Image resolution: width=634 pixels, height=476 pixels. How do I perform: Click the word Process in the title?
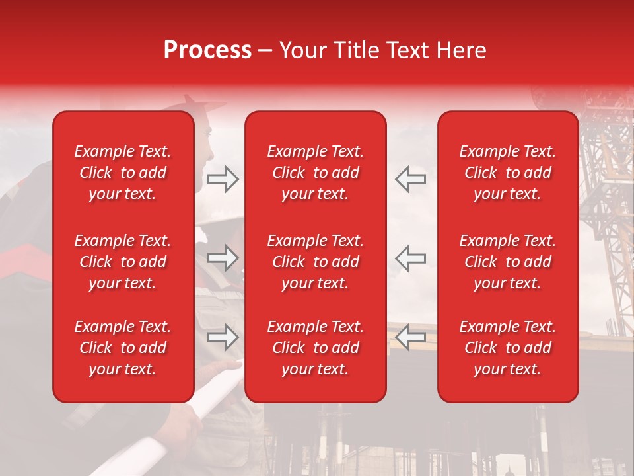(x=207, y=50)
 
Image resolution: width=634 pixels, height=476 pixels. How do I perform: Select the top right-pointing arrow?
(x=223, y=179)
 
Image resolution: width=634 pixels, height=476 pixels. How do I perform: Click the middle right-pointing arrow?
(x=223, y=258)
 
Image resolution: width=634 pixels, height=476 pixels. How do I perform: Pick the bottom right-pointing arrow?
(x=223, y=337)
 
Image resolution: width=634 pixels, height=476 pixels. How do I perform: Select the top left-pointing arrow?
(x=411, y=179)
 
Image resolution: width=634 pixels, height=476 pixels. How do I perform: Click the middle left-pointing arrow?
(x=411, y=258)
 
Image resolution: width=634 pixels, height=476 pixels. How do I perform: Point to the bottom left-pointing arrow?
(x=411, y=337)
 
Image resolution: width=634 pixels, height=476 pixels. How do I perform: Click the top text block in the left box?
(x=123, y=173)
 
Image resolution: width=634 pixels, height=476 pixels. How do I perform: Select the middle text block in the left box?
(x=123, y=262)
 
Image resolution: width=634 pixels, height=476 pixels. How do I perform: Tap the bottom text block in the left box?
(x=123, y=348)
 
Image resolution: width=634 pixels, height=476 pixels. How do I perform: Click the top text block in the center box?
(x=315, y=173)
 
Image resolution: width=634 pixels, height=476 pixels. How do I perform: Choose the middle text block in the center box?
(x=315, y=262)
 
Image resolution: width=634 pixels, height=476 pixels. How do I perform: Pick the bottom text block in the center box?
(x=315, y=348)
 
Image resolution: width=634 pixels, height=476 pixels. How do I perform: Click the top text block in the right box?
(x=507, y=173)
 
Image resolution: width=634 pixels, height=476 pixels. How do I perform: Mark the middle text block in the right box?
(x=507, y=262)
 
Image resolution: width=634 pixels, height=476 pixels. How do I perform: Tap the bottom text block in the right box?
(x=507, y=348)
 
